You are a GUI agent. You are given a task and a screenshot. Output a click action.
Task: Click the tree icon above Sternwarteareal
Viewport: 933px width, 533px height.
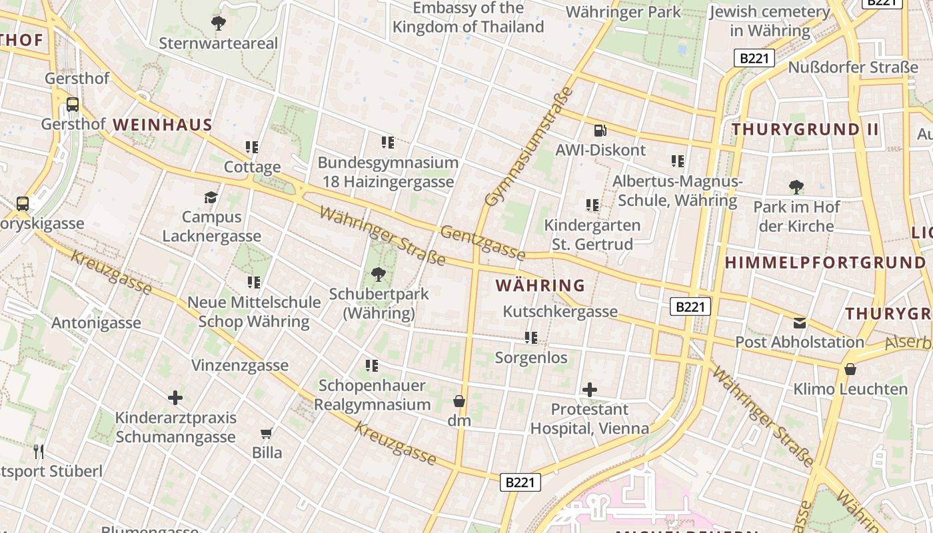point(218,23)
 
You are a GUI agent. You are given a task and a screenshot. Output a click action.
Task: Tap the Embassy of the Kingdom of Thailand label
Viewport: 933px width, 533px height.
point(468,17)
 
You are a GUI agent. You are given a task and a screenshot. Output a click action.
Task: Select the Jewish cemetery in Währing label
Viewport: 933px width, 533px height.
point(770,21)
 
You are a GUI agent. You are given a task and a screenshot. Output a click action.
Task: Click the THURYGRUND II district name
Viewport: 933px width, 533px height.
point(805,129)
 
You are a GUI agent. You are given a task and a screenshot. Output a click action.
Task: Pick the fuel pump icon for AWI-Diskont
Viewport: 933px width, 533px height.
point(600,131)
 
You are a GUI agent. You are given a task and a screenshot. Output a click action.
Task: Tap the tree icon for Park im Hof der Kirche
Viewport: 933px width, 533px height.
point(796,187)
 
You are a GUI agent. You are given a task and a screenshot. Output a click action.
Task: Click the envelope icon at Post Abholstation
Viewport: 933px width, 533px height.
point(800,323)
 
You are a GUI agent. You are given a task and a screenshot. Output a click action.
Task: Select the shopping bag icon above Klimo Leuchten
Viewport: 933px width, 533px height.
point(850,368)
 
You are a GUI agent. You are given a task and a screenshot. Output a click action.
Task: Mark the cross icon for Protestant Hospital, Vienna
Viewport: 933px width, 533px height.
point(590,389)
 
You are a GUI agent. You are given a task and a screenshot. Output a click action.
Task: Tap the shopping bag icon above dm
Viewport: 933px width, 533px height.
point(459,400)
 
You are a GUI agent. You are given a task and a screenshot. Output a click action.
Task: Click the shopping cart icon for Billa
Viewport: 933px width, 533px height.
point(267,434)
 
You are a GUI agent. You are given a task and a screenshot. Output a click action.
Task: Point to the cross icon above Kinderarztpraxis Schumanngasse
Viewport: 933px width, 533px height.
point(175,398)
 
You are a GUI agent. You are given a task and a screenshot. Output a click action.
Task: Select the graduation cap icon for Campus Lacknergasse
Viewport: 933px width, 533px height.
point(211,197)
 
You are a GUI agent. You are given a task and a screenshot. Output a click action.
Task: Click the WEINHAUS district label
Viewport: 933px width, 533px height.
point(163,125)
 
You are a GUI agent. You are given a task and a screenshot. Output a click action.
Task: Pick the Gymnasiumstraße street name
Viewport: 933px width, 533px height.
point(529,147)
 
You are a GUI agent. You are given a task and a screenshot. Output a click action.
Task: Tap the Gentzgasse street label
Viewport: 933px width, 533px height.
point(483,243)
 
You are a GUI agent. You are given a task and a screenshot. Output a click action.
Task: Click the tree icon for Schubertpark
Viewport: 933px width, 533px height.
point(379,273)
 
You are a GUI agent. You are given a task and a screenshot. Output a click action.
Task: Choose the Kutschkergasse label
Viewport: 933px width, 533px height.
point(560,311)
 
